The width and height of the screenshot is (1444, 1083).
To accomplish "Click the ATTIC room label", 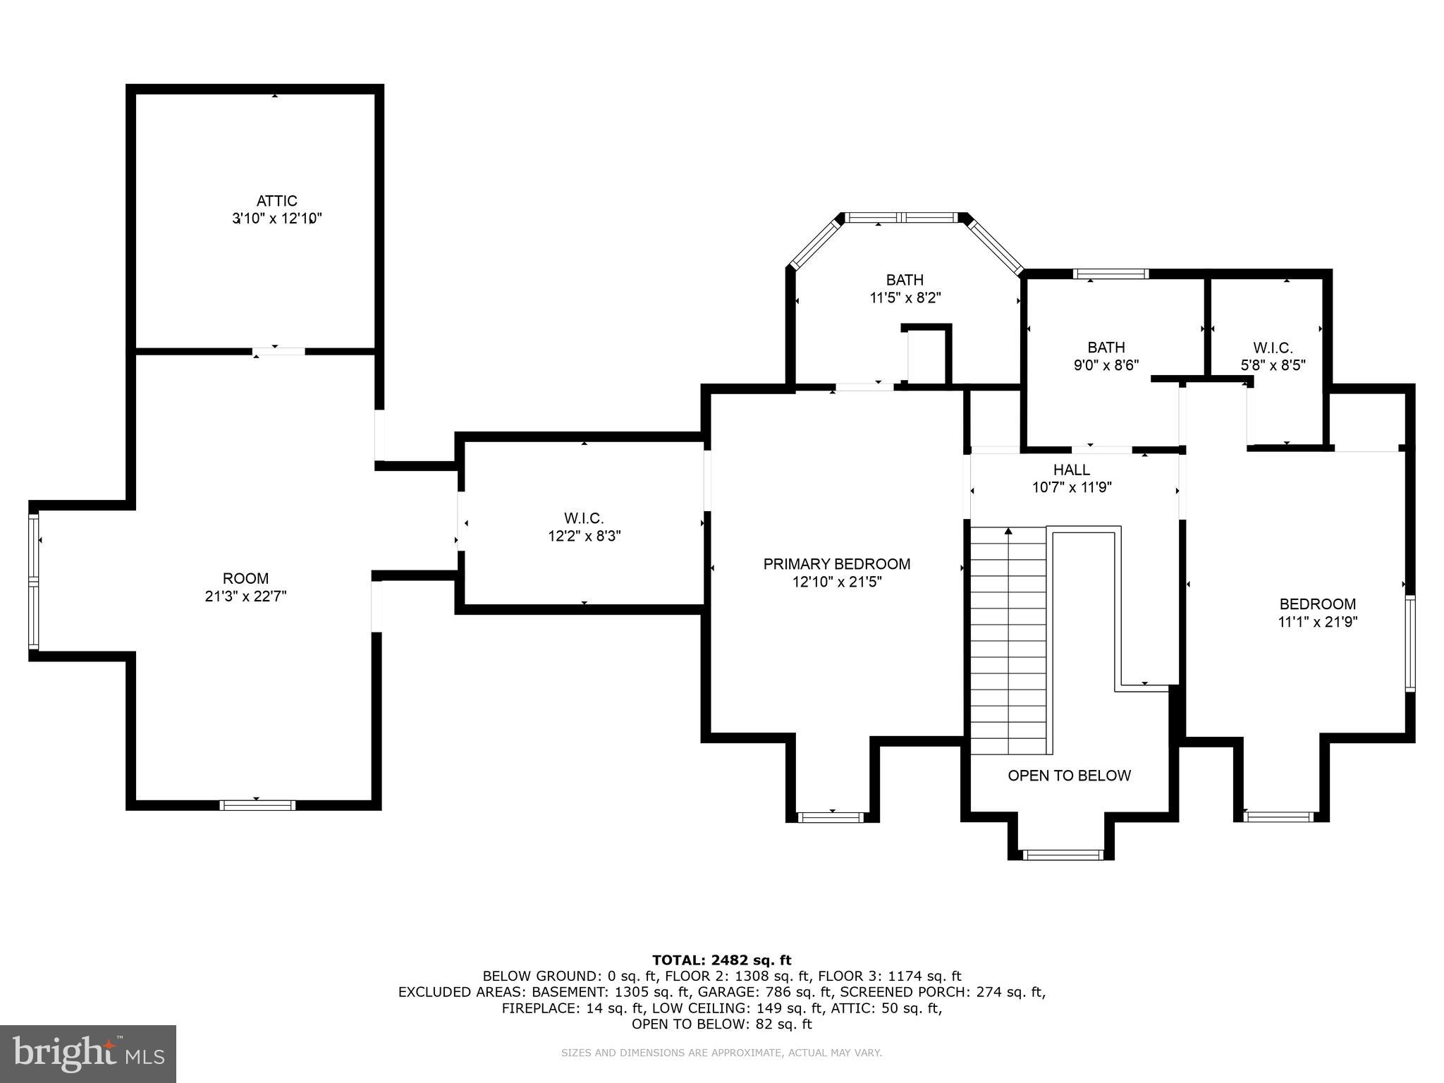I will [x=276, y=202].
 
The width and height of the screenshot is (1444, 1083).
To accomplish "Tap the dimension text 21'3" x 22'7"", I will [x=245, y=596].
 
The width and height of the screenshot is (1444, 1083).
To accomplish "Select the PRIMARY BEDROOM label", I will [x=836, y=564].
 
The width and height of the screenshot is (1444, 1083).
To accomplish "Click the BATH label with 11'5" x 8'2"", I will [x=905, y=281].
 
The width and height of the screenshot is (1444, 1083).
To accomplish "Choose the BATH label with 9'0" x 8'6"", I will [x=1106, y=348].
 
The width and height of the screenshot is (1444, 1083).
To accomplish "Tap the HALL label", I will [x=1071, y=470].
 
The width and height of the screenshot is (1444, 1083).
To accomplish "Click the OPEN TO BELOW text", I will [x=1069, y=776].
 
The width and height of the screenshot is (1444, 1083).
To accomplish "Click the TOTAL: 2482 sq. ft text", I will [x=721, y=960].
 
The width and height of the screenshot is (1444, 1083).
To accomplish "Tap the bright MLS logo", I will [x=87, y=1053].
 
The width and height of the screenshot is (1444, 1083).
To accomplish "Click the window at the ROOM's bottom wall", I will [x=257, y=805].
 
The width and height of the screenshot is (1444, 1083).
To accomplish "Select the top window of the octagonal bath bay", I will [x=904, y=218].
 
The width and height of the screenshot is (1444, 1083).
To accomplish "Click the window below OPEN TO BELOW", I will [x=1062, y=855].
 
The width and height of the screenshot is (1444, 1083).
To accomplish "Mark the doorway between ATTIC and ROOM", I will [x=279, y=350].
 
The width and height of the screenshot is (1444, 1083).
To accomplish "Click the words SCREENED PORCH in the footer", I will [x=904, y=992].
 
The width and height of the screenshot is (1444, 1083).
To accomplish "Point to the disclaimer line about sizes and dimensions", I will [x=721, y=1053].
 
